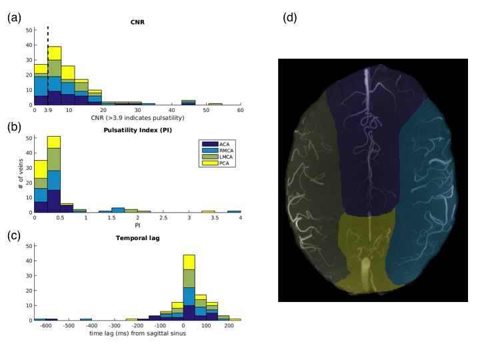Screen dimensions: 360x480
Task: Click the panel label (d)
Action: [291, 18]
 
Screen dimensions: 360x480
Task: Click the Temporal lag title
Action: [138, 237]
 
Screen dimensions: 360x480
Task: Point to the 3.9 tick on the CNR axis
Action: [48, 110]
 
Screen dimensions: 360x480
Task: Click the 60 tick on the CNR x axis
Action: [240, 110]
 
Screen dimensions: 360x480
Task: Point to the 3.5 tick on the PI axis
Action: [215, 218]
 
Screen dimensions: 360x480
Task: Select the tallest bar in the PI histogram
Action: [54, 173]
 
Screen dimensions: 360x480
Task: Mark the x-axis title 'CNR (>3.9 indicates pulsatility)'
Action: [138, 117]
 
